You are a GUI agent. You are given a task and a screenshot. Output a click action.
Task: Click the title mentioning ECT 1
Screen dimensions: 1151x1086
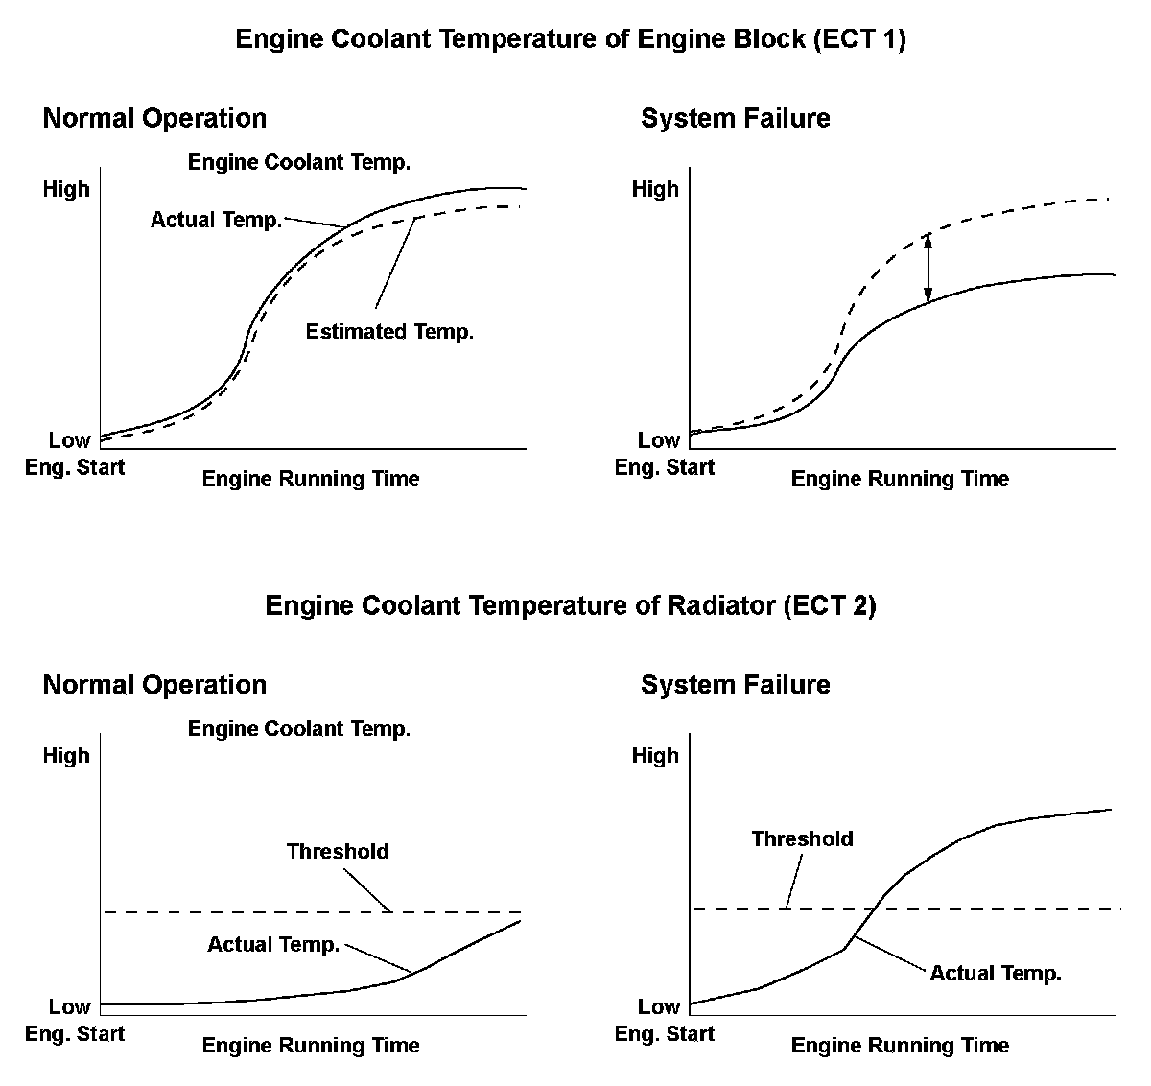(x=570, y=39)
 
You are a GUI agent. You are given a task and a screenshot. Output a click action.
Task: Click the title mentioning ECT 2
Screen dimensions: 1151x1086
(x=570, y=606)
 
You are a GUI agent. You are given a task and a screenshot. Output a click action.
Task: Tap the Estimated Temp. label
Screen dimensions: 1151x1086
(x=389, y=332)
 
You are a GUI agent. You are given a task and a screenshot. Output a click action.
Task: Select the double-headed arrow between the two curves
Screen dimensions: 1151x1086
(x=928, y=268)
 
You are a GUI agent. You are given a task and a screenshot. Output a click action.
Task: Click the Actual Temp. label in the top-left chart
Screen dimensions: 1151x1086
(x=216, y=220)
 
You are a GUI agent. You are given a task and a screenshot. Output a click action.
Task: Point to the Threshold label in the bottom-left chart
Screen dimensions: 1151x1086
(x=338, y=851)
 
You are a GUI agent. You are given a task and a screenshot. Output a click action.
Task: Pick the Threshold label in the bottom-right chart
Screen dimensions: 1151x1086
(x=802, y=838)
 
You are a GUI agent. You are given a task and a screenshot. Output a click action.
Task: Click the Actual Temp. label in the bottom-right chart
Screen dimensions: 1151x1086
(x=996, y=974)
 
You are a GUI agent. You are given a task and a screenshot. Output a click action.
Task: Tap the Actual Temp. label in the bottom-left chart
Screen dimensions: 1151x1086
(x=273, y=945)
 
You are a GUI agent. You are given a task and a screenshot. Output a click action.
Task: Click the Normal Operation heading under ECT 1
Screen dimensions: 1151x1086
(x=154, y=119)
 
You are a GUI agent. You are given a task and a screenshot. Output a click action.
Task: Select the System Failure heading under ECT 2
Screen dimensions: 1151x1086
(x=735, y=685)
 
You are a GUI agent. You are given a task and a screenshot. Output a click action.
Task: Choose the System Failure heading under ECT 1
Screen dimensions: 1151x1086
(x=735, y=119)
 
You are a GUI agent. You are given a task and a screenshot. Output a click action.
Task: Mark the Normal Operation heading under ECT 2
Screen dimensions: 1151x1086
(x=154, y=685)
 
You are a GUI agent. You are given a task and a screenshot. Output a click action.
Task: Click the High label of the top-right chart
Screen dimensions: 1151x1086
(x=655, y=189)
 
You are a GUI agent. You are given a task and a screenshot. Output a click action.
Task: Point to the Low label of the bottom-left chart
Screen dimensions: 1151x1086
(x=69, y=1006)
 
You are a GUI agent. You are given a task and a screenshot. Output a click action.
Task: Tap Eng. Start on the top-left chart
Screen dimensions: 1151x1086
(x=75, y=468)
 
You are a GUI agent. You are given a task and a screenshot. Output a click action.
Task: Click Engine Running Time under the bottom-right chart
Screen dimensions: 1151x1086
(x=900, y=1045)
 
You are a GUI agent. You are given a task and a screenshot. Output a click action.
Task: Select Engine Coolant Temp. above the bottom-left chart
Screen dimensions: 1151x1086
(x=299, y=729)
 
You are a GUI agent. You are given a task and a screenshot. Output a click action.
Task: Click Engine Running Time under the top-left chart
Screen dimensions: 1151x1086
(x=311, y=479)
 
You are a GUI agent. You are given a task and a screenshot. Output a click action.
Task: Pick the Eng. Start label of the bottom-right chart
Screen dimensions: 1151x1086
(x=664, y=1034)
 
